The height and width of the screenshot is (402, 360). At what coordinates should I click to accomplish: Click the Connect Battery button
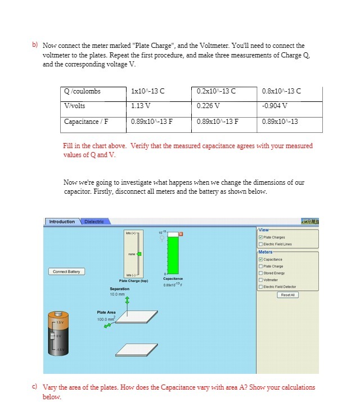click(x=67, y=271)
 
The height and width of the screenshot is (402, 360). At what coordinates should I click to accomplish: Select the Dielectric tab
click(x=94, y=222)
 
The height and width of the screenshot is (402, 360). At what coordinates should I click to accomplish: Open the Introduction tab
click(x=62, y=222)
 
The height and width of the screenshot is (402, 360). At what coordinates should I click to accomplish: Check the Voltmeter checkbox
click(x=262, y=280)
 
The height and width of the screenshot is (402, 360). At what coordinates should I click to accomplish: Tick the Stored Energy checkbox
click(x=262, y=273)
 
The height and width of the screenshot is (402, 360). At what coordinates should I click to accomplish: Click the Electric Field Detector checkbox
click(x=262, y=287)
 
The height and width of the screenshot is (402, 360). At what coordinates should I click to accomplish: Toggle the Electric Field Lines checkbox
click(x=262, y=244)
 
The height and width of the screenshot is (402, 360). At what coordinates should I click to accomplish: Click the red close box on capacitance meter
click(x=181, y=233)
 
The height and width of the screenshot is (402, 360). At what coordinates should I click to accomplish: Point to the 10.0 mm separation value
click(x=117, y=294)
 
